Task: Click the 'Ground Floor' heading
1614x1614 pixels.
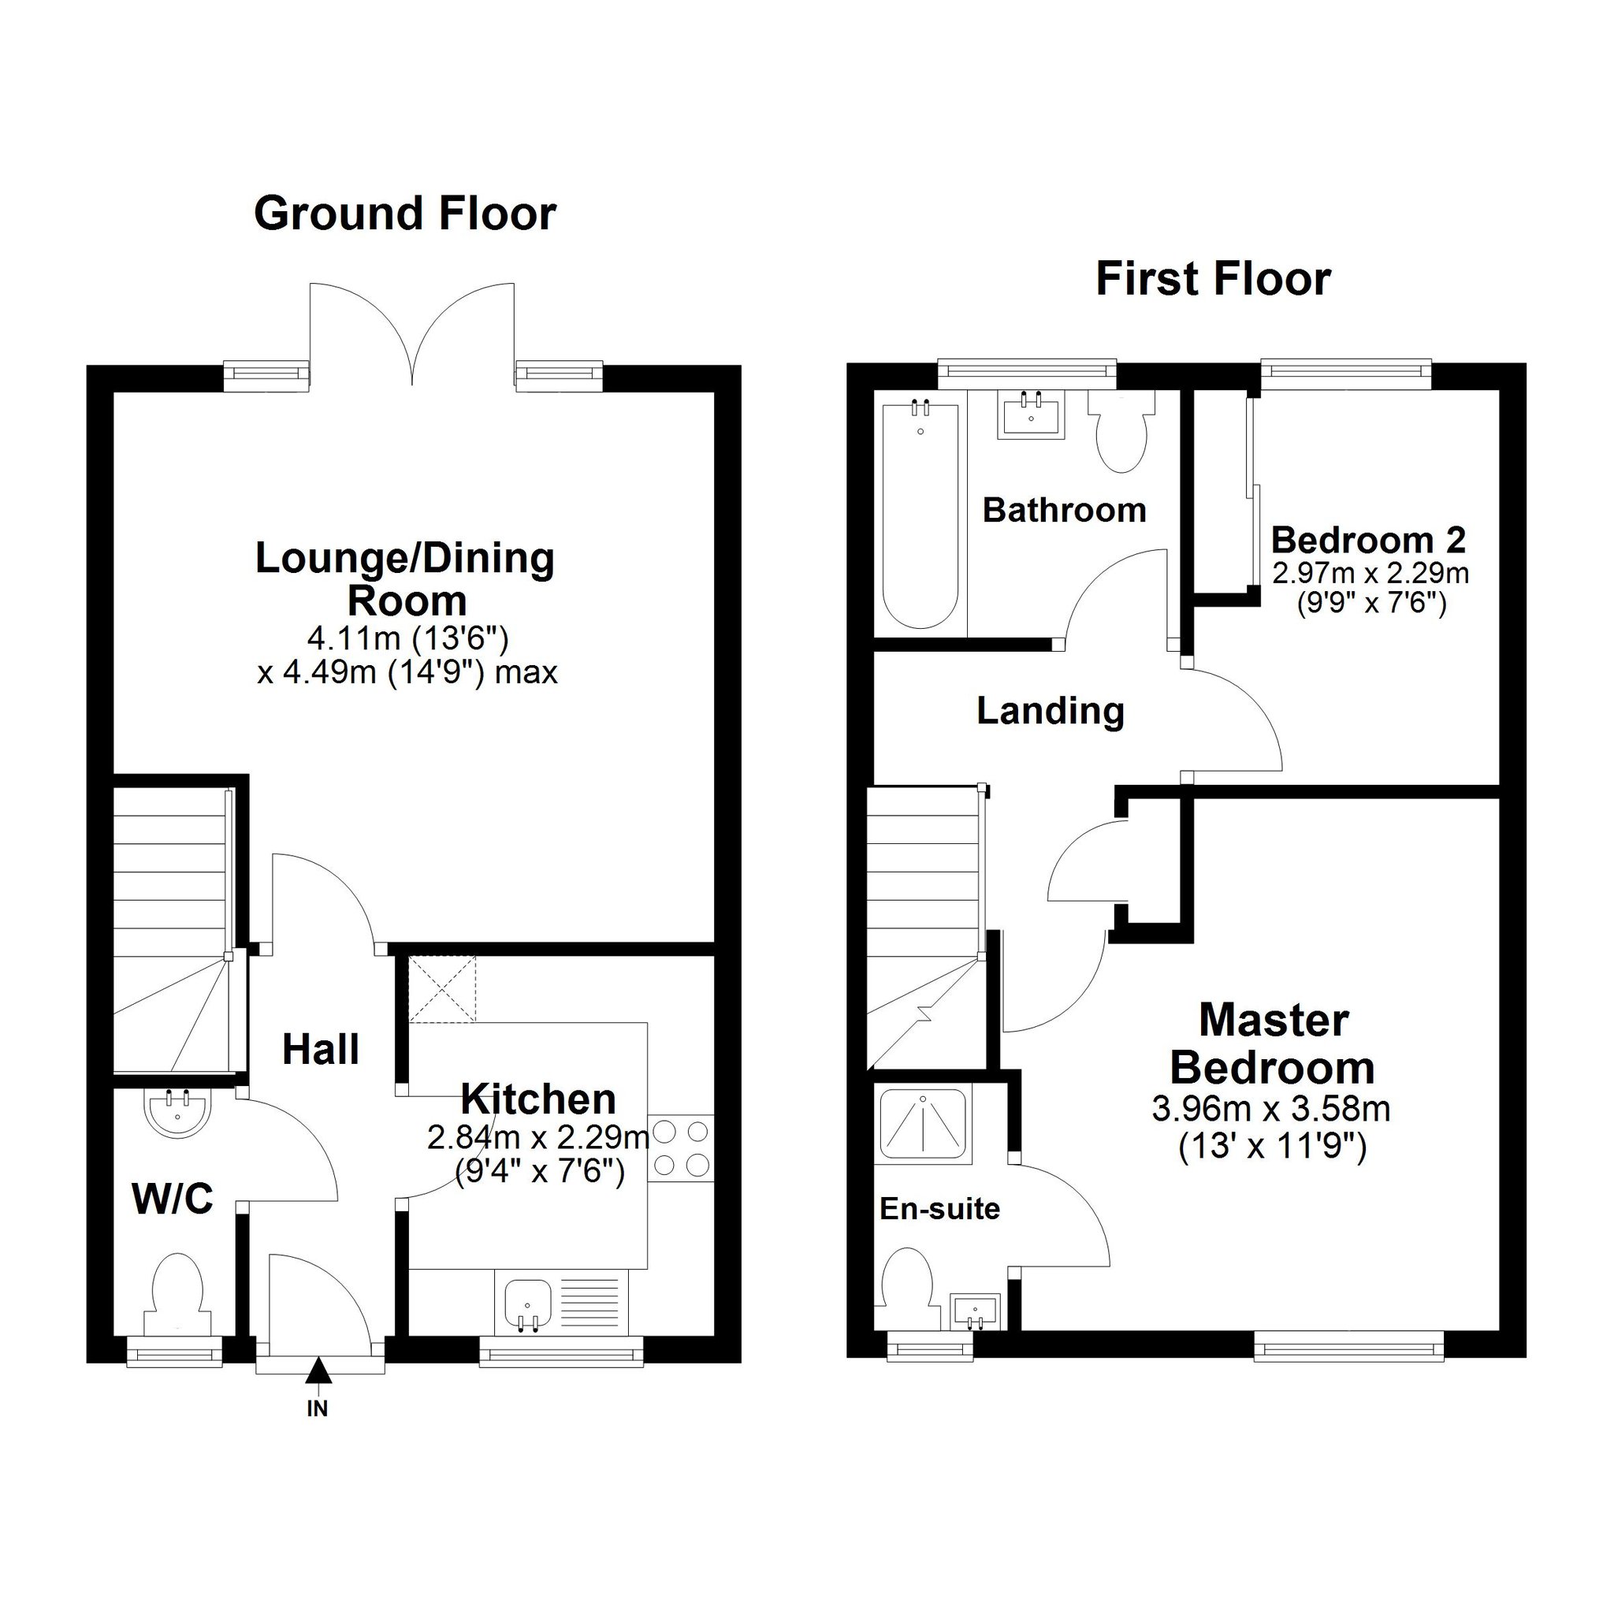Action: [x=405, y=214]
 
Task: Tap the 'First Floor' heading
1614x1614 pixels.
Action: [x=1213, y=279]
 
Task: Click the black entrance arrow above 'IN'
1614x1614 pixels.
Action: [x=318, y=1371]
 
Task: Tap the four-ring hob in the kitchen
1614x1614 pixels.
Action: [x=680, y=1149]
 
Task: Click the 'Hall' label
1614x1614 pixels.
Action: [x=321, y=1049]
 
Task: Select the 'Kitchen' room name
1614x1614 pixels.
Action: [x=538, y=1099]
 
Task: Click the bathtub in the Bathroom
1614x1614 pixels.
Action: [x=920, y=515]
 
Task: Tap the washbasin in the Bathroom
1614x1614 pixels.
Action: [x=1031, y=415]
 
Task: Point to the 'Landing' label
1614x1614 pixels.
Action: [x=1050, y=712]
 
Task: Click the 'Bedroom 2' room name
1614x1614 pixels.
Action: [x=1368, y=541]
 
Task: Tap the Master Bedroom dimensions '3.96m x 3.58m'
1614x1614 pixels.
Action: [x=1270, y=1110]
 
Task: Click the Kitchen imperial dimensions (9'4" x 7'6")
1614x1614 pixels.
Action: [x=540, y=1171]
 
